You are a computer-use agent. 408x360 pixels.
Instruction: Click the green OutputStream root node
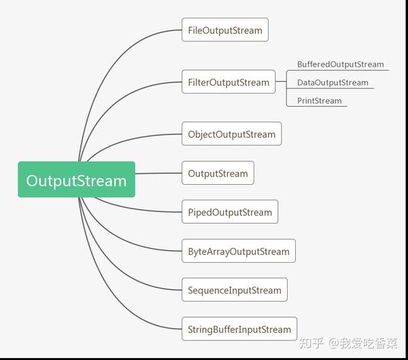pyautogui.click(x=76, y=179)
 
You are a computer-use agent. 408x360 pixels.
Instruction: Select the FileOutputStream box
pyautogui.click(x=225, y=30)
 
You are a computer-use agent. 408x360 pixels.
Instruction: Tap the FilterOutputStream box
pyautogui.click(x=228, y=82)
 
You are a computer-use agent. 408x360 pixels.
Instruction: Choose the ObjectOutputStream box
pyautogui.click(x=232, y=134)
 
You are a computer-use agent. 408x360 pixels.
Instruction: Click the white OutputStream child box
pyautogui.click(x=218, y=173)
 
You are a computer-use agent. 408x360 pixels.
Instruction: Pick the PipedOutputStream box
pyautogui.click(x=230, y=211)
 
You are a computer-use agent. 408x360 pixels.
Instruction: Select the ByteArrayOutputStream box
pyautogui.click(x=239, y=251)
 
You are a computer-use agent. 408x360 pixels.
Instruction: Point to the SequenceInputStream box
pyautogui.click(x=235, y=289)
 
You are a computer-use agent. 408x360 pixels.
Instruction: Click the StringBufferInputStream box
pyautogui.click(x=239, y=329)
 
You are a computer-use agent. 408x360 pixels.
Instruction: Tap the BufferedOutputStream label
pyautogui.click(x=341, y=65)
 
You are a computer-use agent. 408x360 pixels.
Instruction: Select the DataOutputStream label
pyautogui.click(x=333, y=82)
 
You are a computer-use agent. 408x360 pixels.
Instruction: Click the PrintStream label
pyautogui.click(x=320, y=101)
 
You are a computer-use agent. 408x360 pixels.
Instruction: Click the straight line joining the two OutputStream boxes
pyautogui.click(x=158, y=173)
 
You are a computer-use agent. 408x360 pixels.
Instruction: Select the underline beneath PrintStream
pyautogui.click(x=317, y=106)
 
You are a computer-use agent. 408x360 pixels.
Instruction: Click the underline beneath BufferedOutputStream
pyautogui.click(x=337, y=70)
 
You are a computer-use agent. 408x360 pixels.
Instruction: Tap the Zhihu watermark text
pyautogui.click(x=348, y=343)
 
